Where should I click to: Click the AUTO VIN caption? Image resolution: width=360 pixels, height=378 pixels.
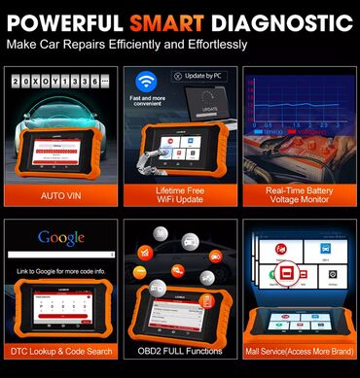60,195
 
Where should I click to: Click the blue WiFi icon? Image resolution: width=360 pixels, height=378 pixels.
146,82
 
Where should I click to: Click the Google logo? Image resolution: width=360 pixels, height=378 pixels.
60,237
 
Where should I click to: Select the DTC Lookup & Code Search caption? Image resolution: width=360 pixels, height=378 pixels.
60,349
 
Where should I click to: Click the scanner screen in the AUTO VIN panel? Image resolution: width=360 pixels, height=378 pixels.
62,155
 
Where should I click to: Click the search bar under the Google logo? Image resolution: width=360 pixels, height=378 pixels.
60,255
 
